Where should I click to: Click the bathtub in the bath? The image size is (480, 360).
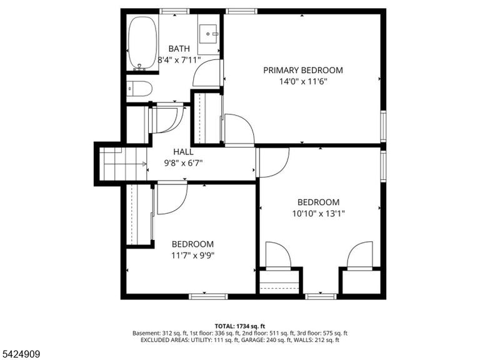pos(142,43)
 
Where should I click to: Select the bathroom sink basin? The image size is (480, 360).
pos(208,34)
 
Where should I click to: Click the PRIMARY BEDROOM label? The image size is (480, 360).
pos(303,70)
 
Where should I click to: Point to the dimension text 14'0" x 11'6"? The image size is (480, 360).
pos(303,82)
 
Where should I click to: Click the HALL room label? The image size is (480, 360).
pos(183,152)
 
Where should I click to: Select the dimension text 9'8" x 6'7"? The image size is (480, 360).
pos(183,163)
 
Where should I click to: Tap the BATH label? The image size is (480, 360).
pos(179,49)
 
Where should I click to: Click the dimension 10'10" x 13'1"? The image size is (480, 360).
pos(318,213)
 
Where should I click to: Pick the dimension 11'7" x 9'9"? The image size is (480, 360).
pos(192,255)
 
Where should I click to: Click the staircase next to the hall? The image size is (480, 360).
pos(123,164)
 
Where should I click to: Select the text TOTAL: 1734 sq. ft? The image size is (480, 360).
pos(240,326)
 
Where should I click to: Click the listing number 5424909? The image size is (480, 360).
pos(20,354)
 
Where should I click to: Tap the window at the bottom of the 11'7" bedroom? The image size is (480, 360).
pos(208,296)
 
